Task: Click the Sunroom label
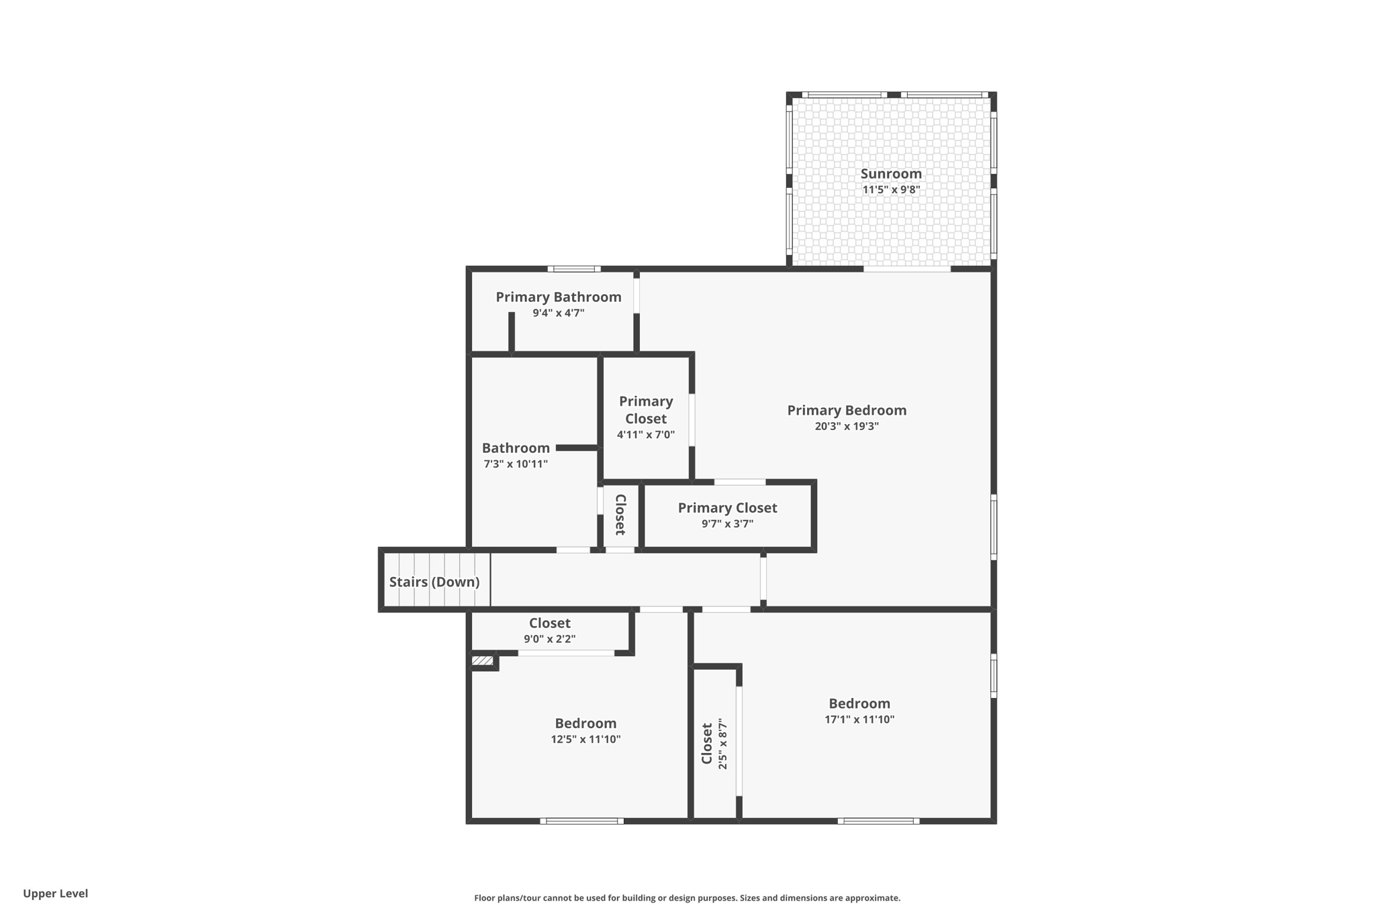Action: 891,174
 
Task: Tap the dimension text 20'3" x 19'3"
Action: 847,426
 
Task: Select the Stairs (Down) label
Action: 434,582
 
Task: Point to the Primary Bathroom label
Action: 559,297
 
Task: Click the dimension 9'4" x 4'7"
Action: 559,313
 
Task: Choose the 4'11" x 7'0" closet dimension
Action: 646,434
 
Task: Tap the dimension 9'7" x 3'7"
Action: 727,523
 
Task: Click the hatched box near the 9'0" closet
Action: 482,661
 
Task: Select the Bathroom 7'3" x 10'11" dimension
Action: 516,464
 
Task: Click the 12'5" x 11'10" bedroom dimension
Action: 585,740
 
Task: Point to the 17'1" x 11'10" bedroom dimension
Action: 859,719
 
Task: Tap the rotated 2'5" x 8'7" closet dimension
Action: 723,744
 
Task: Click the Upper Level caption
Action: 55,893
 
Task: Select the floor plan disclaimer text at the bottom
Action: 687,898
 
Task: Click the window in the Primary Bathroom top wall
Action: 573,269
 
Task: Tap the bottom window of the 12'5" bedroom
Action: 581,821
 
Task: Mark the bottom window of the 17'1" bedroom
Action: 878,821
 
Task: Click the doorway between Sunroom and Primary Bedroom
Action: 906,269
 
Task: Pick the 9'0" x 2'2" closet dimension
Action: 549,639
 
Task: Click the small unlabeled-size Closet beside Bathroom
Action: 620,515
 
